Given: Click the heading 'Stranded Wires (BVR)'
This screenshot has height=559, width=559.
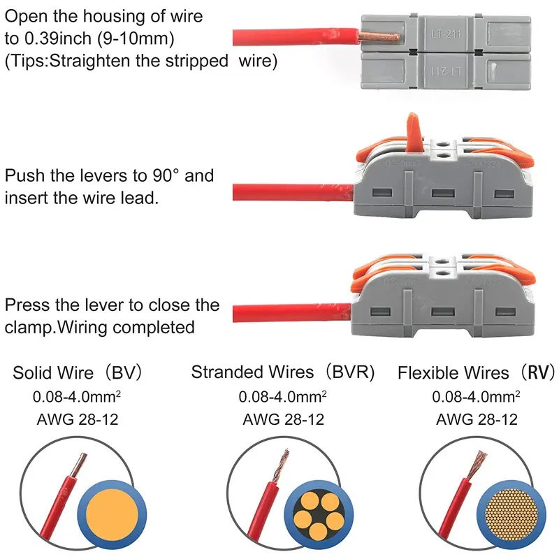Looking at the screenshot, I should tap(283, 372).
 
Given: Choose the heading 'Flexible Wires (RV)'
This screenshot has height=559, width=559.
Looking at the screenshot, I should tap(475, 372).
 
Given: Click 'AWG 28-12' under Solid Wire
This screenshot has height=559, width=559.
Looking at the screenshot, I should tap(77, 419).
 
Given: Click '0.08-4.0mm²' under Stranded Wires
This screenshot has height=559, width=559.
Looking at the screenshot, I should tap(283, 397).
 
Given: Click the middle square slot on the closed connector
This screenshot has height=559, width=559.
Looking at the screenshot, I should tap(442, 311).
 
